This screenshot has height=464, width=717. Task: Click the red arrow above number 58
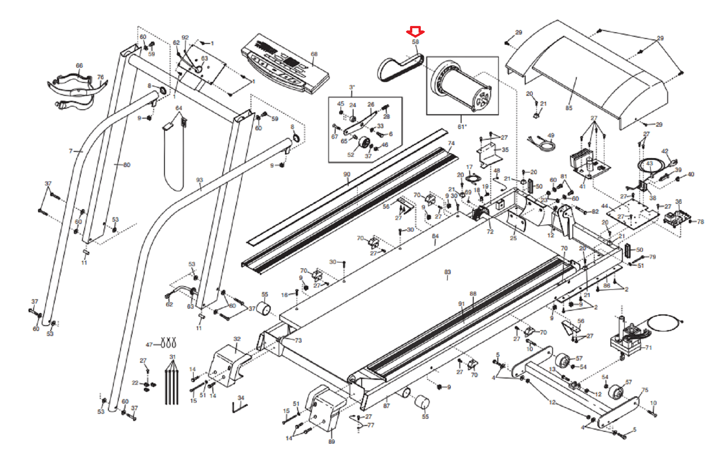415,32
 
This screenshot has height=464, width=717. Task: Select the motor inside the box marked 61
462,87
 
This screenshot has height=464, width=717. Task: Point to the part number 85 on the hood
569,108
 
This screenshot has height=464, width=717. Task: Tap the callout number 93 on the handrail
199,180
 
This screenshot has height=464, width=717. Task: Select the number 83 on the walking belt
447,272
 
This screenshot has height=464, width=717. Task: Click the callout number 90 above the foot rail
346,174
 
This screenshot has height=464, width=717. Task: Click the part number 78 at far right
700,222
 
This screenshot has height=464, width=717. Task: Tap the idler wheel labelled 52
365,144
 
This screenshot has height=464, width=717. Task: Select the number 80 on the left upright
127,165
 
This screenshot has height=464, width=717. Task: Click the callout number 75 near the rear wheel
644,390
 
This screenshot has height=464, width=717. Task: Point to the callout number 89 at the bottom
331,442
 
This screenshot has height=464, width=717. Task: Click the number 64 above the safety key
179,108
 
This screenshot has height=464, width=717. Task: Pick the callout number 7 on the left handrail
70,151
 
